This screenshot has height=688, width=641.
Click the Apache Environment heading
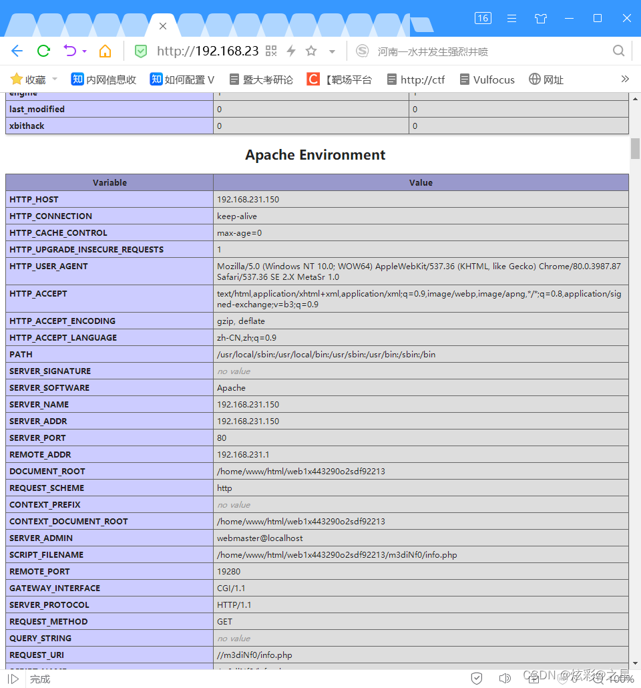[315, 155]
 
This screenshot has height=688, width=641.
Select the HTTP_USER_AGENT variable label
[49, 267]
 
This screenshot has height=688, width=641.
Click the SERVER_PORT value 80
[222, 438]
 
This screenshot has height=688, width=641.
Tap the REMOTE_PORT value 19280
[228, 572]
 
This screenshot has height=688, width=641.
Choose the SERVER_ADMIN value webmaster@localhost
[260, 538]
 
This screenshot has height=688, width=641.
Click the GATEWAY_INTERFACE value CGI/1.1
[232, 588]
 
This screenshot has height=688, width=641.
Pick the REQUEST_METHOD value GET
[224, 622]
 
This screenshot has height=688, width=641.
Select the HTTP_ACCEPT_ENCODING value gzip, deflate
[241, 321]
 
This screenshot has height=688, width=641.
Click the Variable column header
[110, 182]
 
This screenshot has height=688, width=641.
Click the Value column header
[421, 182]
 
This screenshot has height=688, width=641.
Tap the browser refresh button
[44, 51]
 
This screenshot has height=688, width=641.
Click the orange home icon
[105, 51]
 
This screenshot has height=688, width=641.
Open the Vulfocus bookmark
[487, 79]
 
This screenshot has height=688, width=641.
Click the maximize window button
[598, 18]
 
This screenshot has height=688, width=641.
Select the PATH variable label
[21, 355]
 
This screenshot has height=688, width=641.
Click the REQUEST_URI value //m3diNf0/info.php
[254, 655]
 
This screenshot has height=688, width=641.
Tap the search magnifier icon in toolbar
[619, 51]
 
